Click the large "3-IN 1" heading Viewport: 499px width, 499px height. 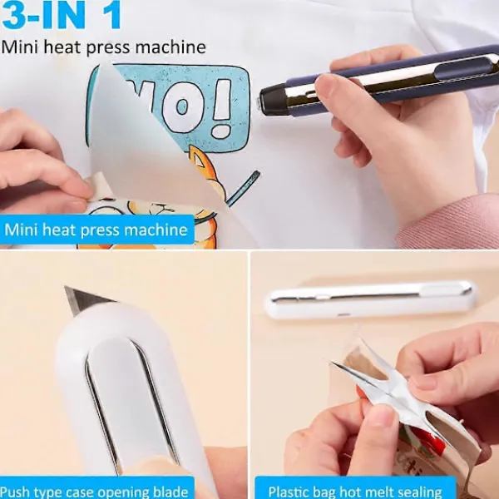click(63, 17)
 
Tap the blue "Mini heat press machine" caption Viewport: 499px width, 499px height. click(96, 230)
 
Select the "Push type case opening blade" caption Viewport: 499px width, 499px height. click(96, 489)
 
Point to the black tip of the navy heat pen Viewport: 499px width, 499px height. click(268, 101)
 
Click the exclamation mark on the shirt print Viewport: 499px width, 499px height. click(220, 107)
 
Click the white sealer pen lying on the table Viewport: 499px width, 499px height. click(370, 298)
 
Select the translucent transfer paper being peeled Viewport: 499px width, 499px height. click(133, 150)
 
